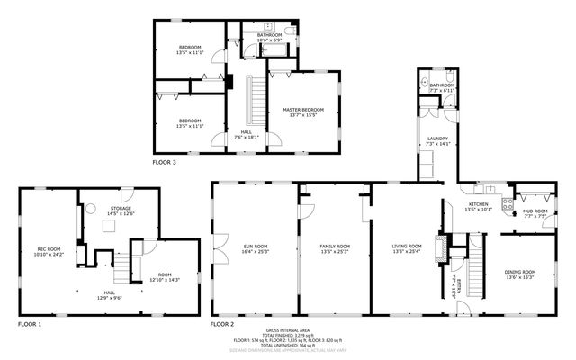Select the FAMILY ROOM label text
point(334,248)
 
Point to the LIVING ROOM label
point(407,248)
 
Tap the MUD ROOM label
point(535,213)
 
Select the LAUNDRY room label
point(437,140)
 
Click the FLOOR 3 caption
point(164,163)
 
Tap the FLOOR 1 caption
point(30,322)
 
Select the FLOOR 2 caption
point(222,322)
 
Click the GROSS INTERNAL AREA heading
point(288,329)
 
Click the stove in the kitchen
point(507,198)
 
